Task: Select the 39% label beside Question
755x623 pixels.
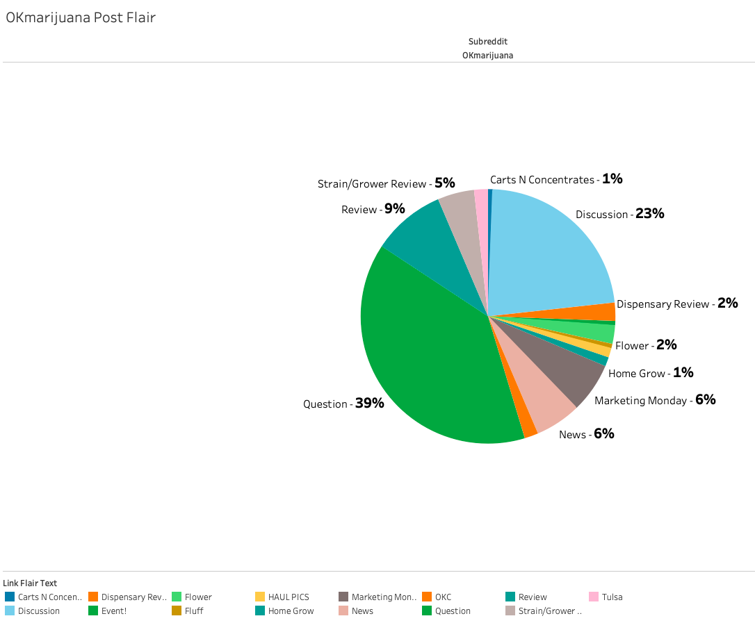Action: point(369,404)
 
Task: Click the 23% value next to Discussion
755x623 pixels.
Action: point(649,214)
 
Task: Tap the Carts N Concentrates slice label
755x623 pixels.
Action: point(542,180)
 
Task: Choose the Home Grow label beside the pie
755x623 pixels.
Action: point(637,374)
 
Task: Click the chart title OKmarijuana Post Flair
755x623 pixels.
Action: point(81,18)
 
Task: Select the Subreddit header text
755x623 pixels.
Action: point(487,42)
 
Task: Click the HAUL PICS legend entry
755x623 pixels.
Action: point(288,597)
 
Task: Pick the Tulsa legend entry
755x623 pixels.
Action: point(612,597)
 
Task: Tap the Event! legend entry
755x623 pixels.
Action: point(114,611)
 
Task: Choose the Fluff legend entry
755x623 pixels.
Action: point(194,611)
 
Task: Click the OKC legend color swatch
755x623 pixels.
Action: point(427,597)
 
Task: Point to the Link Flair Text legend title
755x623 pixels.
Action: point(30,583)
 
